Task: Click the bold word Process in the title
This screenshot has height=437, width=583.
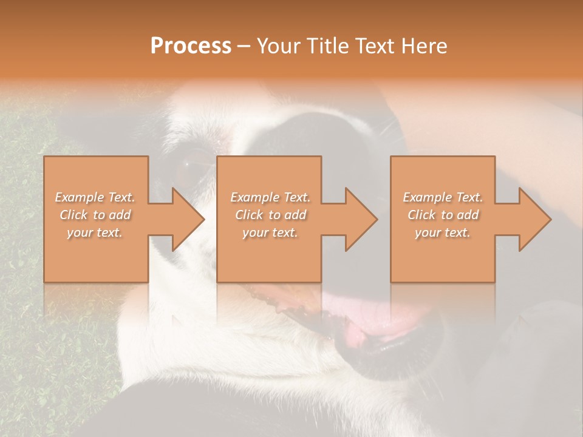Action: click(191, 46)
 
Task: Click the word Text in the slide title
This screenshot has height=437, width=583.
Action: click(375, 46)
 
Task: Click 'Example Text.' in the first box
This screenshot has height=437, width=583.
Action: click(95, 197)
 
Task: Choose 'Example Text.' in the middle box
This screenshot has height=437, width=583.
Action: click(270, 197)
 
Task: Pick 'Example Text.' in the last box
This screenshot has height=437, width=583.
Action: click(443, 197)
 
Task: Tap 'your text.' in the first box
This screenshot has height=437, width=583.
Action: click(95, 232)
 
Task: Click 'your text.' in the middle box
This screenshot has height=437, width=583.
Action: click(270, 232)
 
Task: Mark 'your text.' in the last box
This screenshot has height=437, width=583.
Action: click(442, 232)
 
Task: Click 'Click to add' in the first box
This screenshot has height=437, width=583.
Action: click(95, 215)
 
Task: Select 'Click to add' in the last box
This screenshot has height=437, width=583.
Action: click(443, 215)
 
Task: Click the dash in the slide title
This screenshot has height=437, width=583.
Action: click(244, 46)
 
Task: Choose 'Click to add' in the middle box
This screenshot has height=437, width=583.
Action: click(270, 215)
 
